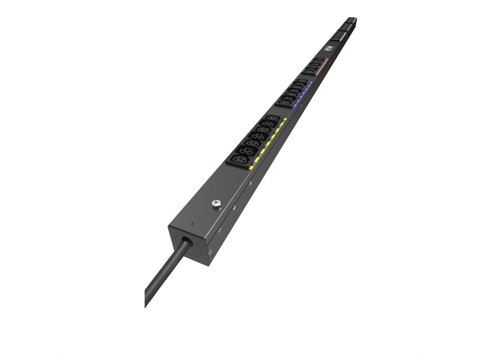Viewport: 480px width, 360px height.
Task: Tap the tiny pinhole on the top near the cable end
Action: click(193, 224)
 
